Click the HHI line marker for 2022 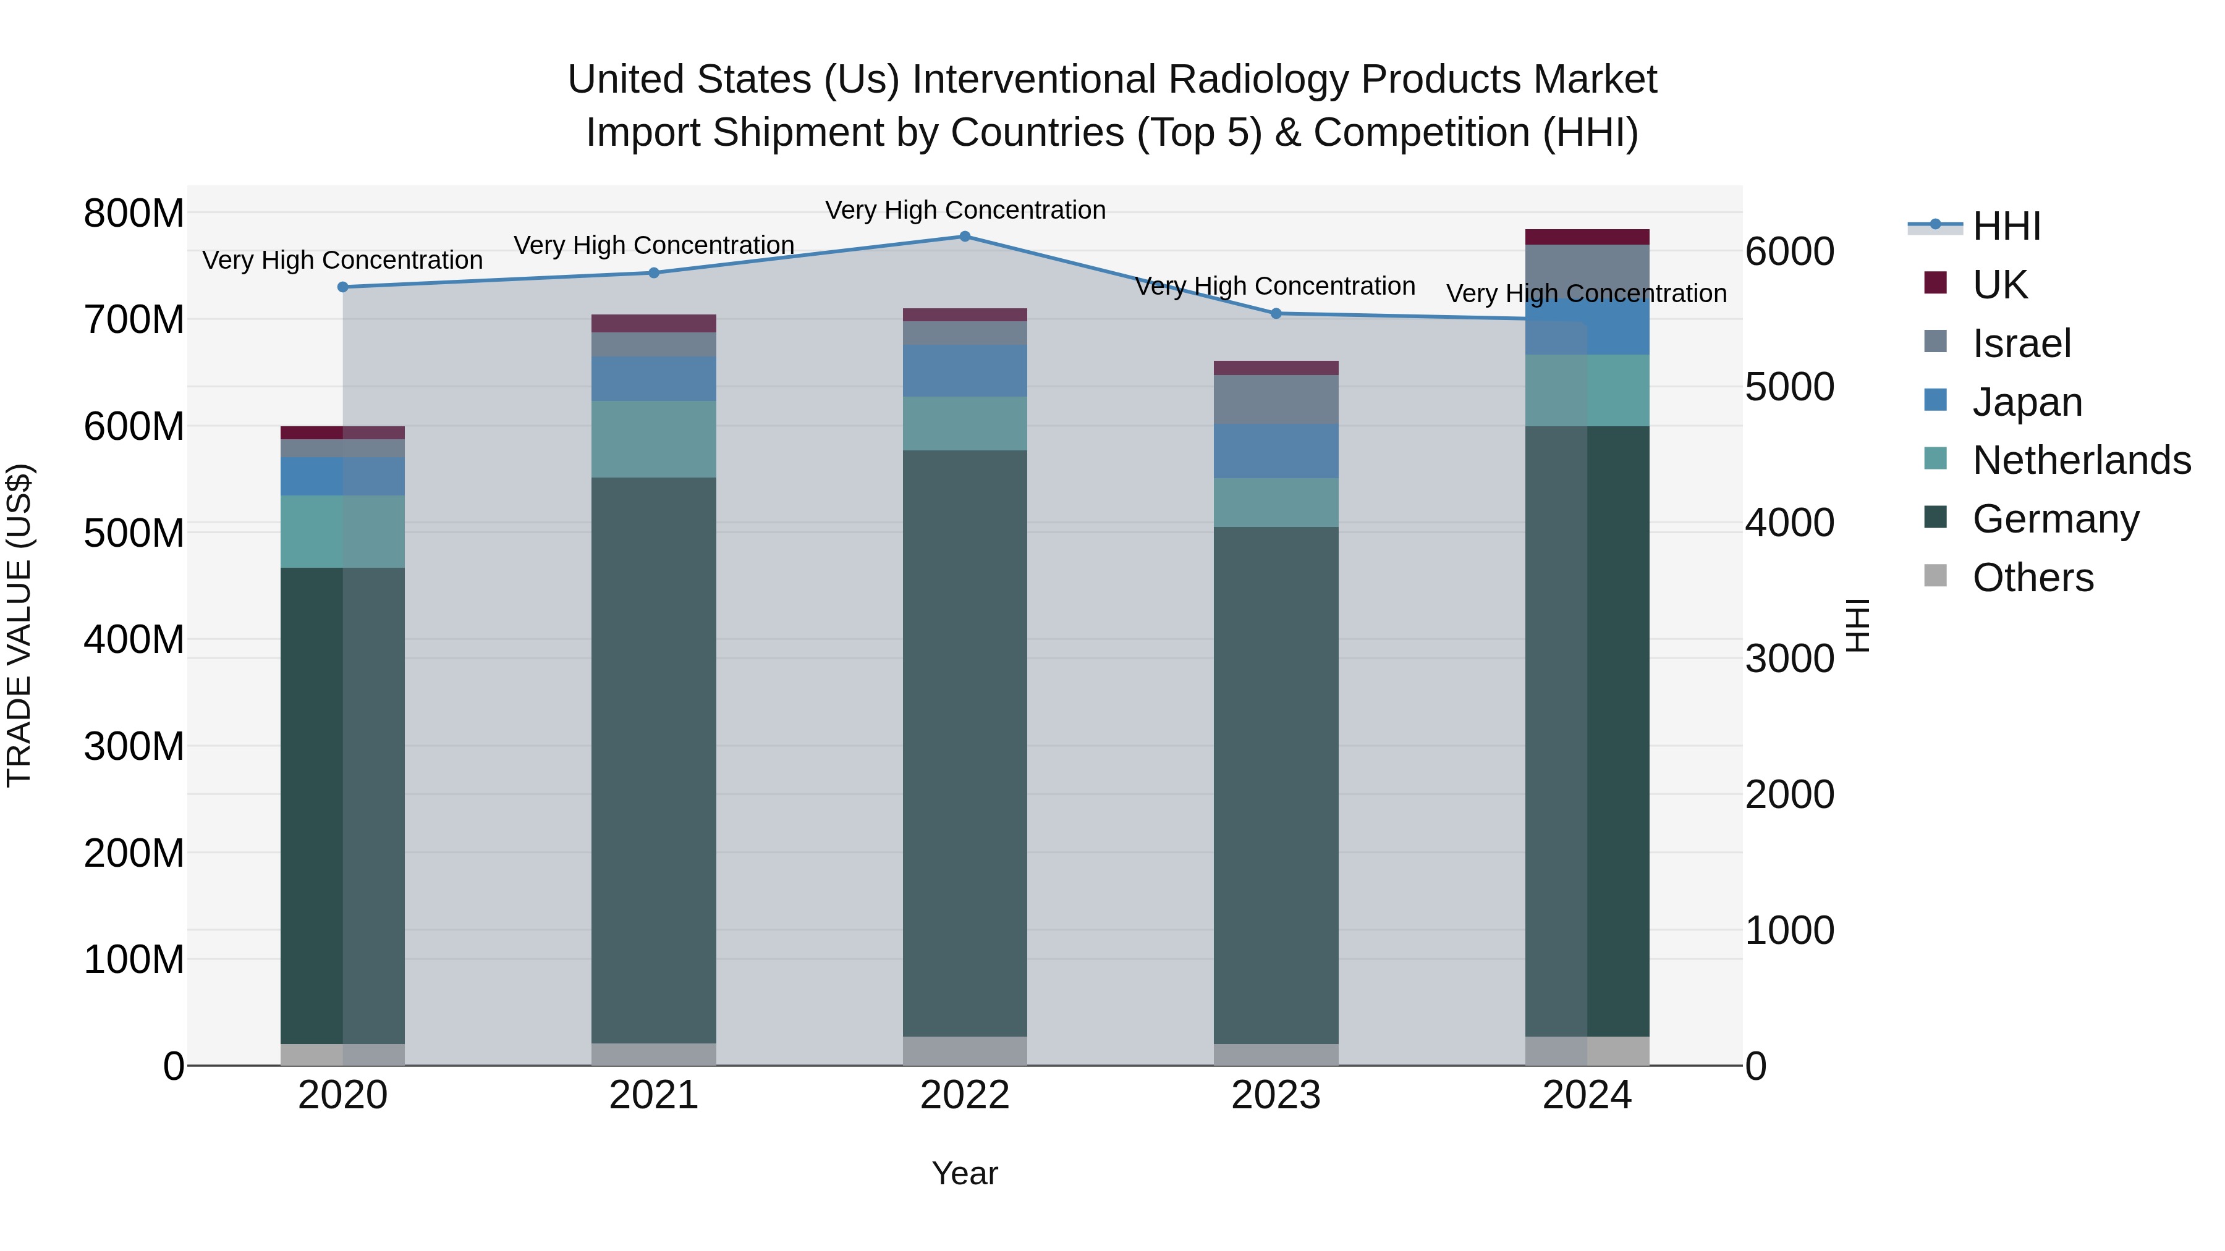965,237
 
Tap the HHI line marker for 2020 343,287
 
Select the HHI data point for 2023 1276,313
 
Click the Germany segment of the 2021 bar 654,760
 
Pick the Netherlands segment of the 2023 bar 1276,502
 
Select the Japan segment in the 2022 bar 965,371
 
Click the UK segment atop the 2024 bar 1587,237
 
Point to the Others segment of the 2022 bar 965,1051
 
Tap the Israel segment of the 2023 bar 1276,400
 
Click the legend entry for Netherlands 2081,460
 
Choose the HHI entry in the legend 2006,226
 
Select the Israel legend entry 2021,343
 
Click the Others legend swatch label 2032,578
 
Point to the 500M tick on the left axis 134,533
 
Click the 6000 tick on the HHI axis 1789,252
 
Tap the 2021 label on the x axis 654,1095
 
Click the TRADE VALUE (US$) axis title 20,625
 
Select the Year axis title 965,1173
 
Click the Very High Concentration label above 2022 965,210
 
